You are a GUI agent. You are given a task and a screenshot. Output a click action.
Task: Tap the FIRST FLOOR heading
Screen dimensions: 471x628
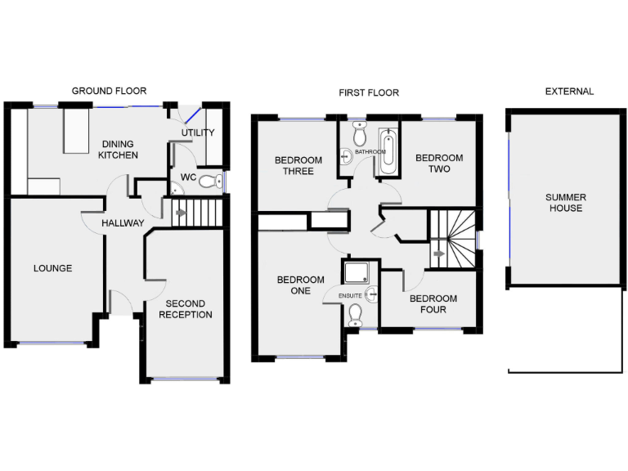click(369, 92)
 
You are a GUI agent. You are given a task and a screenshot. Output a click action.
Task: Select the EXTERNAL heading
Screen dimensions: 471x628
click(569, 91)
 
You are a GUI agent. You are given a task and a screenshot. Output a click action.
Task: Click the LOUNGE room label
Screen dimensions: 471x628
click(52, 268)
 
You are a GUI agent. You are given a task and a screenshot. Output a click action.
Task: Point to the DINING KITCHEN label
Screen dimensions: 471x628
click(118, 149)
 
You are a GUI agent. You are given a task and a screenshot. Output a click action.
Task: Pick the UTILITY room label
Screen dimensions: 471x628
click(198, 132)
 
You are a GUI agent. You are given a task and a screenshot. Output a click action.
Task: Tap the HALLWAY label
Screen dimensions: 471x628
click(123, 223)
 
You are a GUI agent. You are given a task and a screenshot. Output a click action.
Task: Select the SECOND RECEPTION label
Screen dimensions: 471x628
click(186, 309)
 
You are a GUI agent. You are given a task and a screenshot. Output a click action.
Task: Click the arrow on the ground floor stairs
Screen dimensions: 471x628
click(180, 214)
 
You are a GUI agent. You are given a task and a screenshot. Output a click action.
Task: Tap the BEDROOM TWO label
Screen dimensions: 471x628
click(439, 164)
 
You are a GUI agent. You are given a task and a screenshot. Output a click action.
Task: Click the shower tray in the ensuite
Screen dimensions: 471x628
click(357, 272)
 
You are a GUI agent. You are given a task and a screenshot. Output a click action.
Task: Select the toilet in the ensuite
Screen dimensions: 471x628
click(355, 315)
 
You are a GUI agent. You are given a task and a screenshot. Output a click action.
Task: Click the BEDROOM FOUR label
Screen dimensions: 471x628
click(433, 304)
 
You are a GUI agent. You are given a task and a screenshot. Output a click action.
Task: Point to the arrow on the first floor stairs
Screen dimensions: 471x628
click(438, 254)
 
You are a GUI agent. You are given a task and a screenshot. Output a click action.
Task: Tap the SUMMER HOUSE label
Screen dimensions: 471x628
click(566, 203)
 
